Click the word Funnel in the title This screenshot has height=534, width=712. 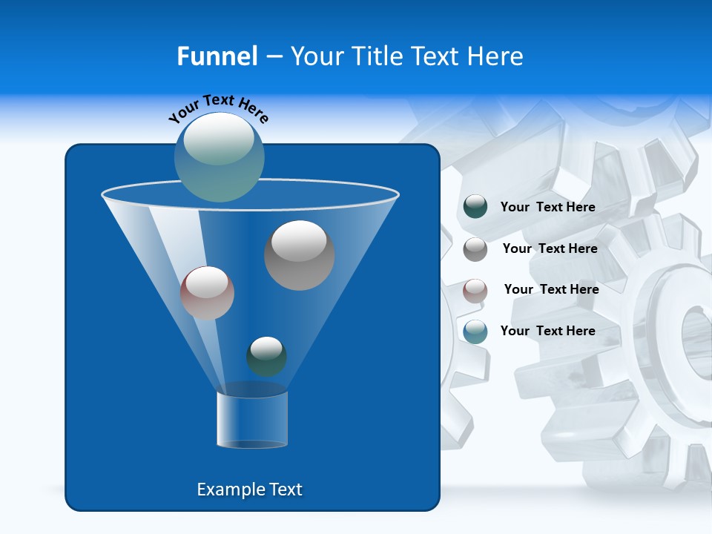tap(217, 56)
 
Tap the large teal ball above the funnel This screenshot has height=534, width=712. tap(220, 157)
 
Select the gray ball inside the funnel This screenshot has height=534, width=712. tap(300, 255)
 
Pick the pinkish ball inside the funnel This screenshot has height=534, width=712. tap(207, 293)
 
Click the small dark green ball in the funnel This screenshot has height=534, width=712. tap(266, 356)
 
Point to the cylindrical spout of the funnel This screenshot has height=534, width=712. tap(252, 419)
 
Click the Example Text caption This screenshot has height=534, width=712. tap(249, 489)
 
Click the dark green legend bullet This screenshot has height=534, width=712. tap(475, 207)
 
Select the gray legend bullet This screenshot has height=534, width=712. tap(475, 249)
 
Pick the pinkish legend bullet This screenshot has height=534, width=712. tap(475, 291)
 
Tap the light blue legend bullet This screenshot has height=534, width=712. tap(475, 332)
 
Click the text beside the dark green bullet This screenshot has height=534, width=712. tap(547, 208)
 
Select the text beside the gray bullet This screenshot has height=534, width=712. tap(550, 249)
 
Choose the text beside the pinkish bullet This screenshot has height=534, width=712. tap(551, 290)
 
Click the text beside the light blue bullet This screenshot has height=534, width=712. tap(547, 332)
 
